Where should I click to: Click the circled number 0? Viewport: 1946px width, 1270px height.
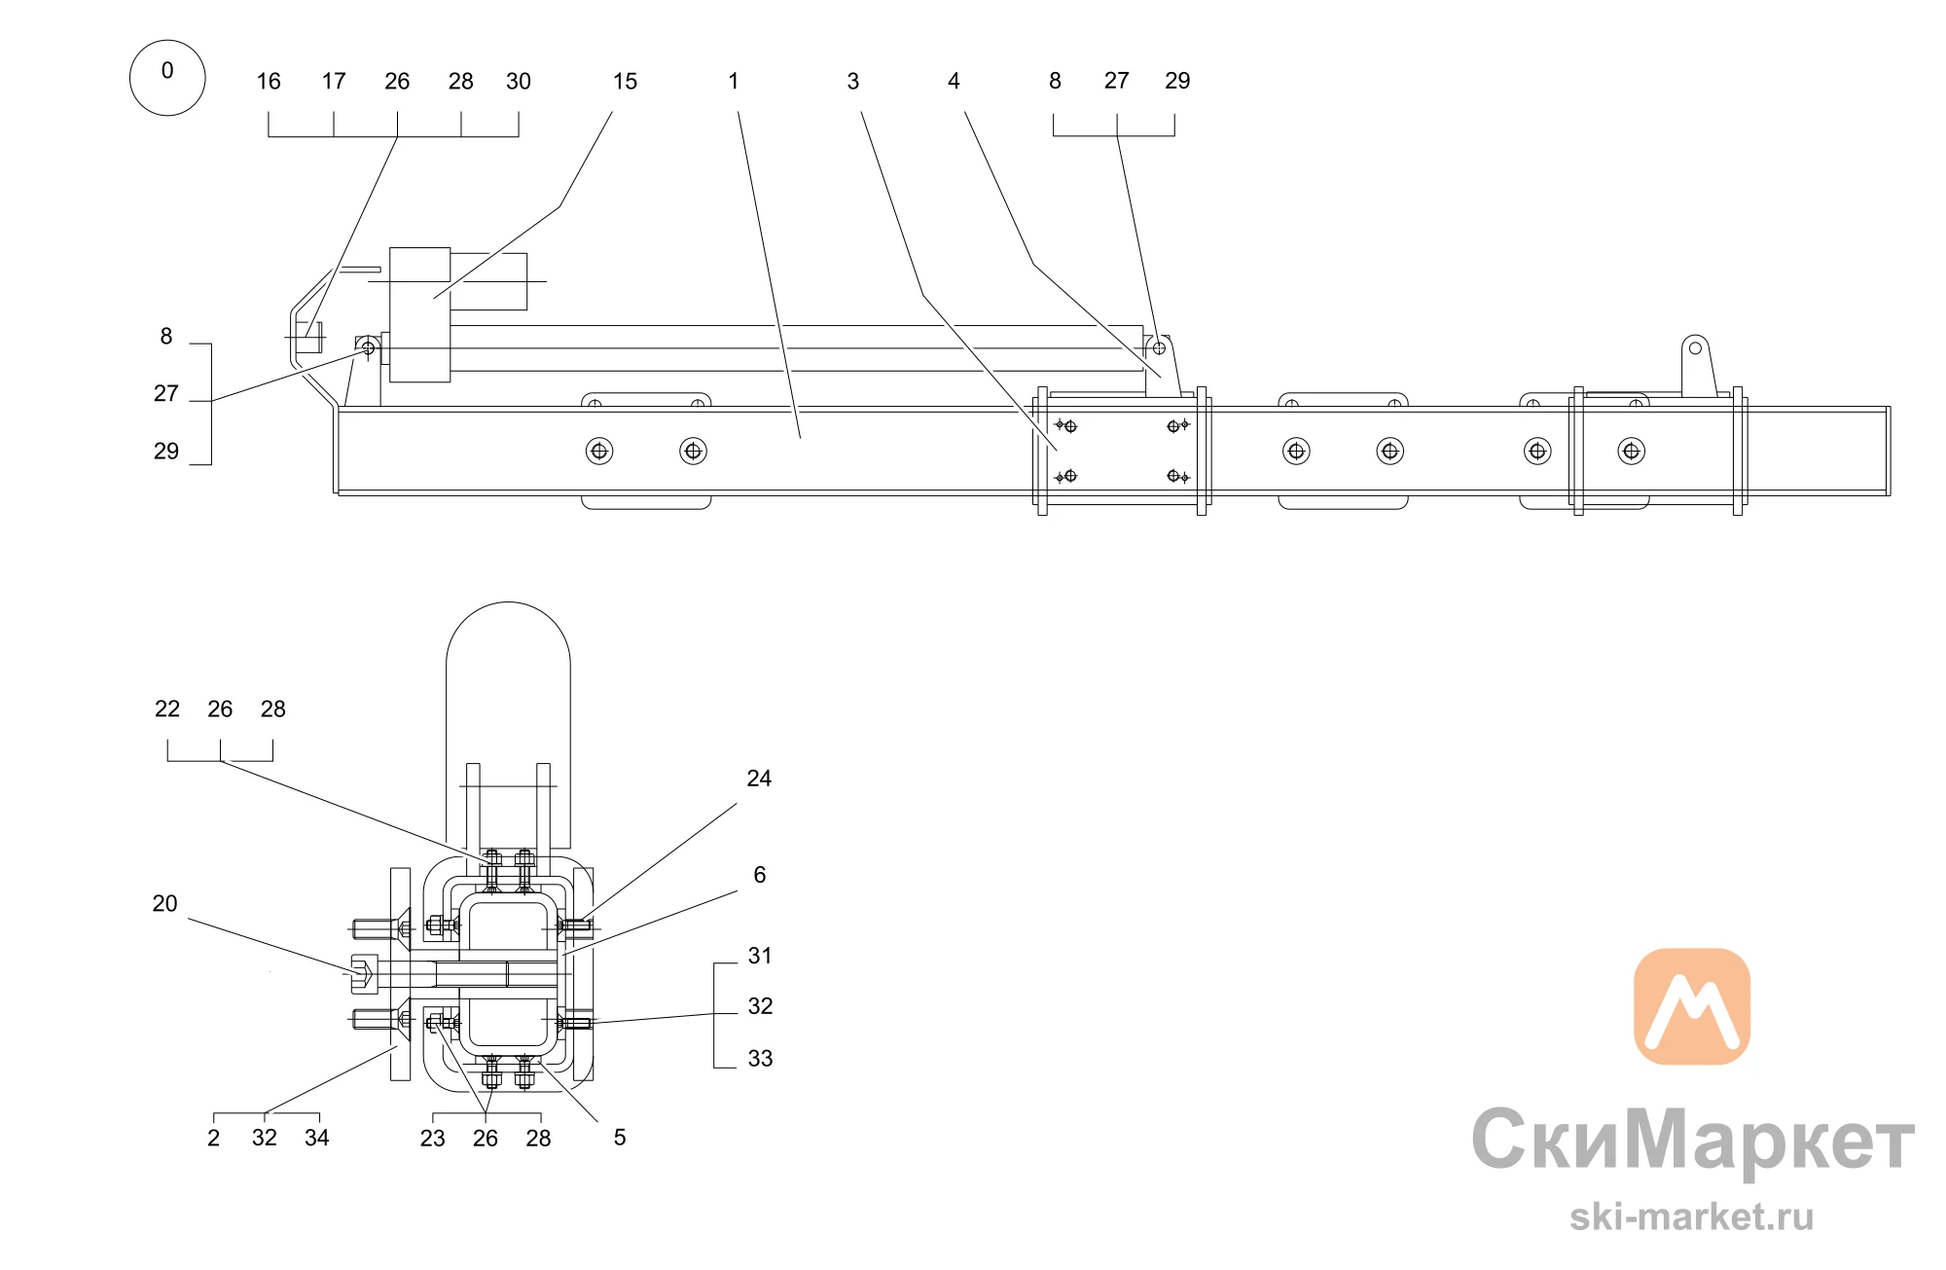click(x=167, y=78)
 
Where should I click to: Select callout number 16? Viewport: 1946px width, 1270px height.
click(x=269, y=82)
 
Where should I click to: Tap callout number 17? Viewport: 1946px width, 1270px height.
click(x=334, y=82)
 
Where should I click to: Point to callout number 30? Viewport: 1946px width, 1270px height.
click(x=519, y=82)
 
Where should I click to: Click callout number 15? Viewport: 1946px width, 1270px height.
click(x=625, y=82)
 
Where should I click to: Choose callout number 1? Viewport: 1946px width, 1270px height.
click(x=734, y=82)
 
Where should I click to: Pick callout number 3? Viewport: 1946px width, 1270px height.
click(x=853, y=82)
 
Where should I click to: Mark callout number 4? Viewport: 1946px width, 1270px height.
click(x=954, y=82)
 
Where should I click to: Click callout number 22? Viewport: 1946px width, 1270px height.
click(x=167, y=709)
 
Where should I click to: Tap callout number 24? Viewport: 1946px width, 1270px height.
click(x=759, y=779)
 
